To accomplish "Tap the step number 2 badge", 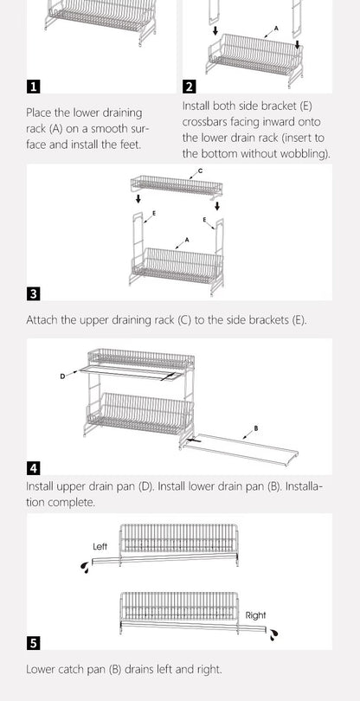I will [190, 87].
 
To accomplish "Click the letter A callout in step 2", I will [276, 29].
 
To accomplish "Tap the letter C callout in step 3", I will [201, 171].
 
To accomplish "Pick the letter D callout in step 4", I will [62, 376].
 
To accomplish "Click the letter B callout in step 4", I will [255, 428].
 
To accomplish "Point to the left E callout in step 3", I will [154, 212].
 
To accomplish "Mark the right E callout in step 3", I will [204, 222].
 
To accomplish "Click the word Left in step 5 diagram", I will [100, 547].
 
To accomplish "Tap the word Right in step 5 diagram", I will [256, 615].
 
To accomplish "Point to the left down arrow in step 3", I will [136, 199].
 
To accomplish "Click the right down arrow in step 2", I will [297, 45].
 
